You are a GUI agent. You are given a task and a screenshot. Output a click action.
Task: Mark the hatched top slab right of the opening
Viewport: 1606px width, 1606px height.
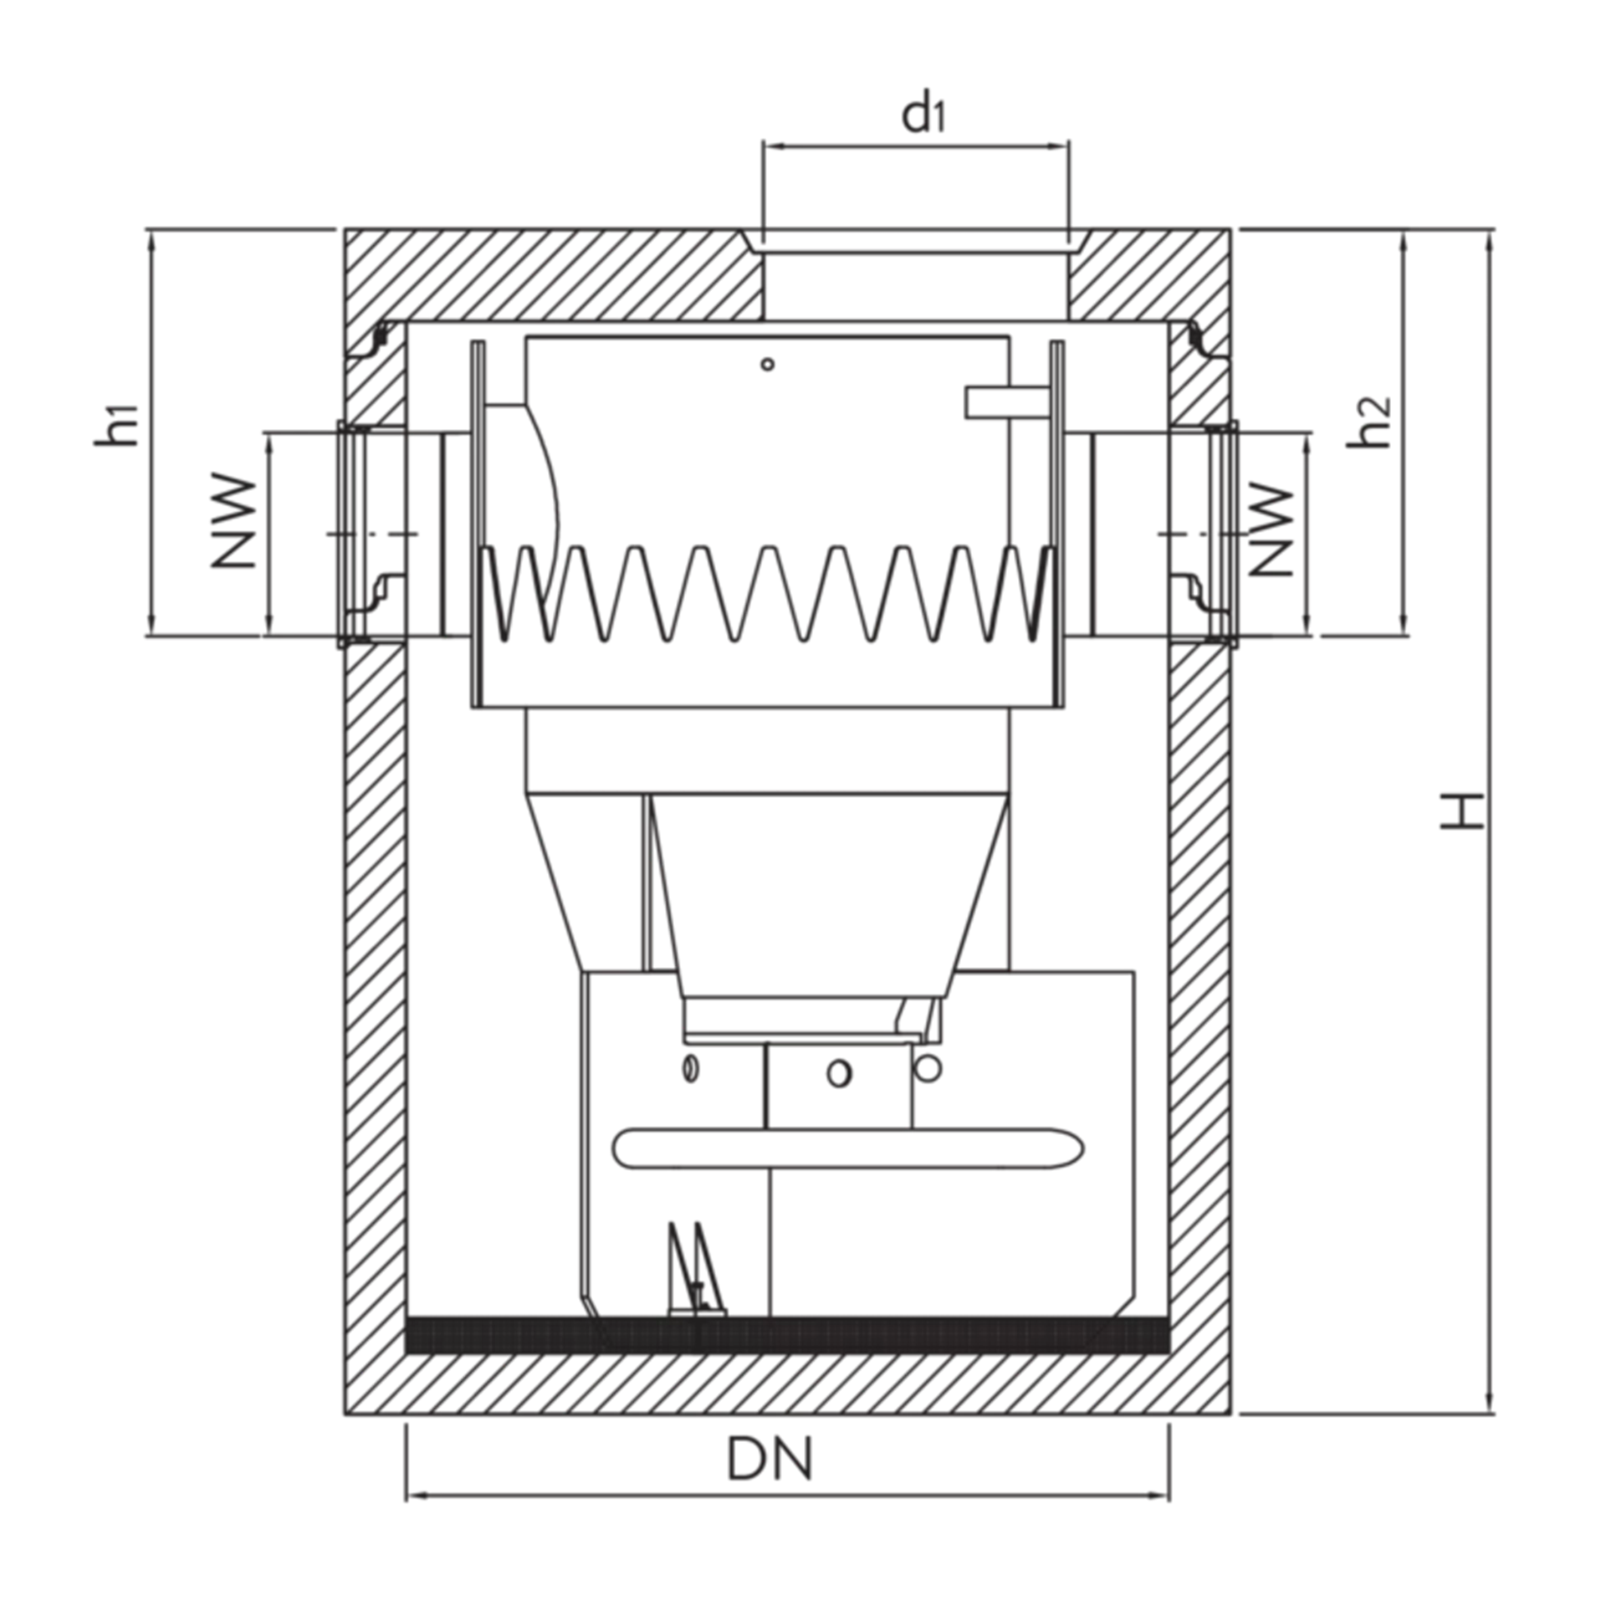[1150, 273]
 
